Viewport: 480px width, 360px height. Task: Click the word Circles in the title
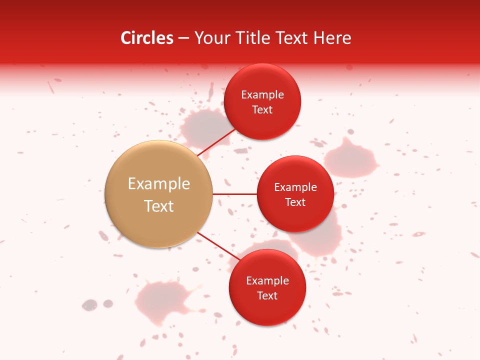[147, 38]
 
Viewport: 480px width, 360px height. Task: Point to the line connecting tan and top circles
[217, 141]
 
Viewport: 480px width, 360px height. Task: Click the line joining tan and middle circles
[235, 194]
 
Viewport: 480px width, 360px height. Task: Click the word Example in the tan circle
[159, 184]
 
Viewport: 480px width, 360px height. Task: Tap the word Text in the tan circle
[159, 206]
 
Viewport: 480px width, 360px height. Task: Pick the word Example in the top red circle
[262, 95]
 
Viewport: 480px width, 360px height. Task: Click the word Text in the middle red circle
[295, 202]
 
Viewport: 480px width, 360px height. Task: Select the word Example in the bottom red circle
[267, 280]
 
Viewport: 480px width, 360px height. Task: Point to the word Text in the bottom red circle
[267, 295]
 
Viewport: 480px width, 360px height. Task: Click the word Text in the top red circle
[262, 109]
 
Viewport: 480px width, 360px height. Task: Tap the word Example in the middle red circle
[295, 187]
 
